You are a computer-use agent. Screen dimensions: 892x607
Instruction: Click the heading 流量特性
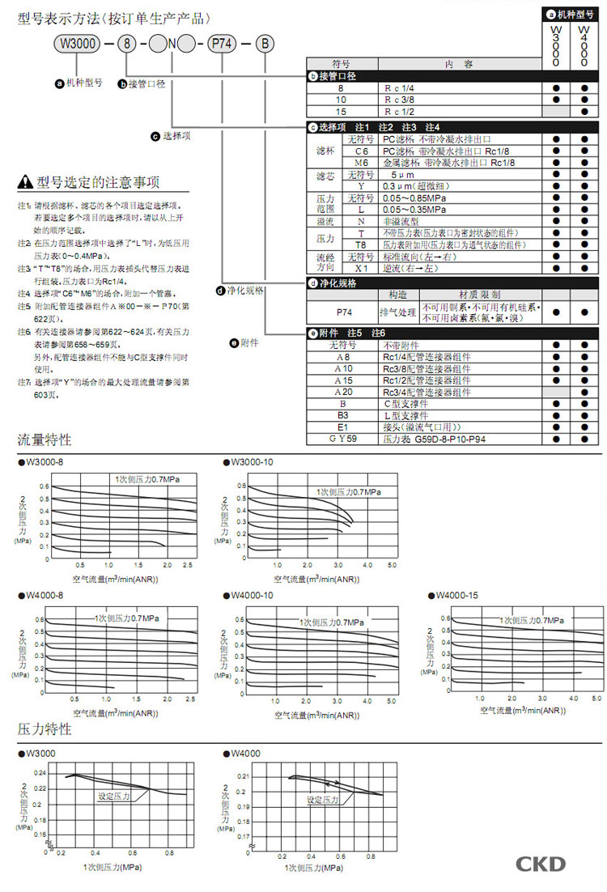point(45,440)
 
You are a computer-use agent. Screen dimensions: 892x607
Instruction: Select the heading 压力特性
point(45,729)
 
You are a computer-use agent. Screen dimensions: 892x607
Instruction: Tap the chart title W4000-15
point(456,596)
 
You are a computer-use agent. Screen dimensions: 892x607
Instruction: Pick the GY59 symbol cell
point(342,440)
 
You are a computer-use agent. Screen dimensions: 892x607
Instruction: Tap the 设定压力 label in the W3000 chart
point(114,796)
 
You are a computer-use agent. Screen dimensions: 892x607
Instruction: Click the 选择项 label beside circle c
point(176,136)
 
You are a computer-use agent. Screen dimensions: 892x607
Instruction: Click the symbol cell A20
point(342,392)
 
